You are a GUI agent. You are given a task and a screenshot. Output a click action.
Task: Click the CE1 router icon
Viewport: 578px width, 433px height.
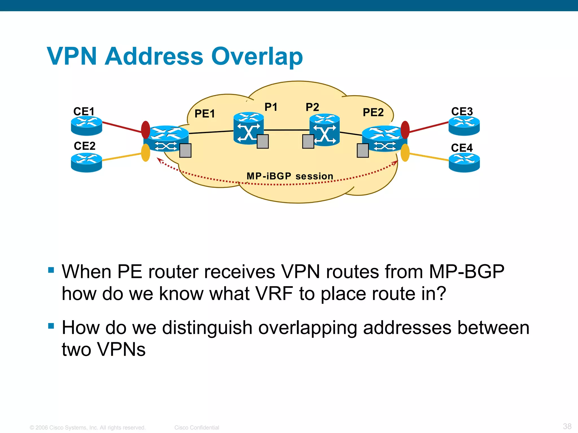86,126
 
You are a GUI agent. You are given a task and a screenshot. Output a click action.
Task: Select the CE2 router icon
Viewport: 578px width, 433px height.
86,162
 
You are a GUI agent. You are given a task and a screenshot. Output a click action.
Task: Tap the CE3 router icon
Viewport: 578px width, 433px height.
464,126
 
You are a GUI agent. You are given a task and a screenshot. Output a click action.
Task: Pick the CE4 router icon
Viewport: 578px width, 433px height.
464,162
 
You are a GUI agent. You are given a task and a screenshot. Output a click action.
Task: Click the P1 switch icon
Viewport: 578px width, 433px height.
248,129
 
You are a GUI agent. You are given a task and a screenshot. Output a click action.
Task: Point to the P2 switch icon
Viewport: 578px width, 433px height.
325,130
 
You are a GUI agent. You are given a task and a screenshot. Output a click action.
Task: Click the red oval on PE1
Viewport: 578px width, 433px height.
146,130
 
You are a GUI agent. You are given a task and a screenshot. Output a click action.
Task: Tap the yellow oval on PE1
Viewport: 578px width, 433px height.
145,153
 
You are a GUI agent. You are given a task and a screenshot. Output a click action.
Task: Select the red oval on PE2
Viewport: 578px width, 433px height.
405,130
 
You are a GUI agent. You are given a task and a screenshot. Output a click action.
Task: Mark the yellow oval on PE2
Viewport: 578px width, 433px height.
405,153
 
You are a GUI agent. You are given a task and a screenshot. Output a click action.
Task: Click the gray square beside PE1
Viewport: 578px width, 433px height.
185,150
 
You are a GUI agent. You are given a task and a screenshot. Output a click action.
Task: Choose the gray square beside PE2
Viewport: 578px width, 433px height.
363,150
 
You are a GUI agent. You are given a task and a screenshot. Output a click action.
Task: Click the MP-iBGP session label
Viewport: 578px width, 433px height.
290,176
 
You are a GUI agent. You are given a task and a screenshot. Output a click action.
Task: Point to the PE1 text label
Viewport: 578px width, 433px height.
205,114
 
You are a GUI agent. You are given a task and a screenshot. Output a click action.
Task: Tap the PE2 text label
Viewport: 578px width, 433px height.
373,112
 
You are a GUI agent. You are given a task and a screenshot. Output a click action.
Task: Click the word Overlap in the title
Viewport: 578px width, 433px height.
257,56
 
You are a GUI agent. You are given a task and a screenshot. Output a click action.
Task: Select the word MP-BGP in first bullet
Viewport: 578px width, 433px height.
466,272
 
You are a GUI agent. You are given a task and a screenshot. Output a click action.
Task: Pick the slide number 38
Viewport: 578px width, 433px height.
567,426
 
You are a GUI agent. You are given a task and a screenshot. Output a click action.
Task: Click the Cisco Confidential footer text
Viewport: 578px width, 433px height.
197,428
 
